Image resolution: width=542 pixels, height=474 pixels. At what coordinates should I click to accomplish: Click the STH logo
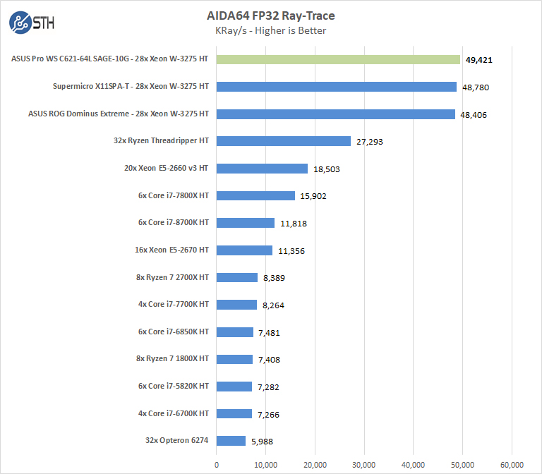(x=32, y=23)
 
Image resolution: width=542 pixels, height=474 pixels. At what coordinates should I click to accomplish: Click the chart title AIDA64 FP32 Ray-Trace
(x=270, y=16)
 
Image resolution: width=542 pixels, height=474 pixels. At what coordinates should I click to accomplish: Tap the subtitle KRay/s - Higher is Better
(x=270, y=30)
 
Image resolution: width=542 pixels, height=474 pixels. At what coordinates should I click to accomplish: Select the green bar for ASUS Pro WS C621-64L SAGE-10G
(x=338, y=60)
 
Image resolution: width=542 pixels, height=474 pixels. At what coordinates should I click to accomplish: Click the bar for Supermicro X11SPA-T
(x=337, y=87)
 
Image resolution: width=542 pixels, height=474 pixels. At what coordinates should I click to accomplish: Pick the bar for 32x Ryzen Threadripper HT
(x=284, y=141)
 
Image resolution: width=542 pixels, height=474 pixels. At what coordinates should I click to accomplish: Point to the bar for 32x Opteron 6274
(x=231, y=441)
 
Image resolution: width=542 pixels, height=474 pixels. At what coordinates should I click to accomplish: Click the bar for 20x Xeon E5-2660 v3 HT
(x=262, y=169)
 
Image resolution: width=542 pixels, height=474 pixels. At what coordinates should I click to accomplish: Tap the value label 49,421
(x=479, y=60)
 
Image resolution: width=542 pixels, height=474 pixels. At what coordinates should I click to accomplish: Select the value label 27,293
(x=371, y=142)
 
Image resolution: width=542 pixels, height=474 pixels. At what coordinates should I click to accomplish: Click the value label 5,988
(x=261, y=442)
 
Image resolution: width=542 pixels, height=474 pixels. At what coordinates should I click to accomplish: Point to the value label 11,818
(x=293, y=224)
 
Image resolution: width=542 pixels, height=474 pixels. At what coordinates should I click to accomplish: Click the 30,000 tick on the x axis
(x=364, y=464)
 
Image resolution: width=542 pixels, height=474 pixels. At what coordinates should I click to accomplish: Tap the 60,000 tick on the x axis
(x=512, y=464)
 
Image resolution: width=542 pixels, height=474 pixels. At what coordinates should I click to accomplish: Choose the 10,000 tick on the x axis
(x=265, y=464)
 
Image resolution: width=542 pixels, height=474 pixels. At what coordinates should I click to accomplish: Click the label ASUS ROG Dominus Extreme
(x=119, y=114)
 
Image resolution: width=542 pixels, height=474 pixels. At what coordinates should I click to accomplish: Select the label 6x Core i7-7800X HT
(x=174, y=195)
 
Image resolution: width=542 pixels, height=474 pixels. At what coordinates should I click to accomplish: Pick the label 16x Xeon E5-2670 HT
(x=169, y=250)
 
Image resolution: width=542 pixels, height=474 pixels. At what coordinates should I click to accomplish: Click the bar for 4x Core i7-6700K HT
(x=234, y=413)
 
